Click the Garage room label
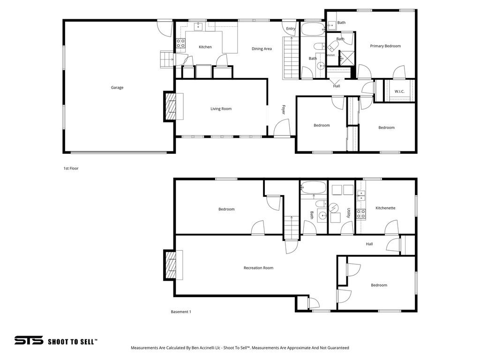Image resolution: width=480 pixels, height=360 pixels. point(117,88)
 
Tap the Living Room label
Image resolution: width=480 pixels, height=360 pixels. point(221,109)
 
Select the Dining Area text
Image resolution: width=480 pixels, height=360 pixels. point(262,49)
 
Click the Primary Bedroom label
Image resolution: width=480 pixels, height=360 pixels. point(385,46)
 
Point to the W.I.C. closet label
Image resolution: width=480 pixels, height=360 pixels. point(399,91)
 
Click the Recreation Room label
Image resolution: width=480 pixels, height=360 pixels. point(258,268)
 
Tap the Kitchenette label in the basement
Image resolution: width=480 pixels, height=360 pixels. point(385,208)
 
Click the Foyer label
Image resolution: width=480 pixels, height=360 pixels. point(284,109)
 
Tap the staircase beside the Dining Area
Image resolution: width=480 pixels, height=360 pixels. point(291,58)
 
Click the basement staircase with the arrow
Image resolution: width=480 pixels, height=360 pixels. point(291,227)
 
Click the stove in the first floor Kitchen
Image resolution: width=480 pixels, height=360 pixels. point(180,44)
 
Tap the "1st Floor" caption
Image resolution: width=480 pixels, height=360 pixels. point(71,168)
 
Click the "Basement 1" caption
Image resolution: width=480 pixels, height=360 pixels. point(180,312)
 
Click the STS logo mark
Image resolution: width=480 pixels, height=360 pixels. point(29,341)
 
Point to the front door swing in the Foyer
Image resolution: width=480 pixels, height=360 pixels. point(281,128)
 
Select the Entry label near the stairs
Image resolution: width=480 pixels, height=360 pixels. point(291,29)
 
